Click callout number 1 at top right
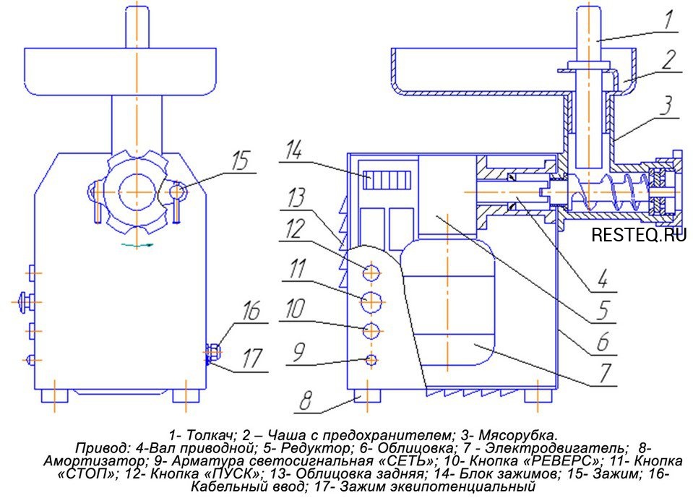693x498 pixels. click(x=668, y=21)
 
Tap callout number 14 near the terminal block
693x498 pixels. click(x=294, y=150)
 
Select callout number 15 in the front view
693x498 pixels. click(x=241, y=161)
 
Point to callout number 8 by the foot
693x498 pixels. click(x=306, y=400)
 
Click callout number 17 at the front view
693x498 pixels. click(x=251, y=359)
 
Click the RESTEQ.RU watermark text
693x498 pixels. click(x=639, y=234)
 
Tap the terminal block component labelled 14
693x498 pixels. click(x=387, y=180)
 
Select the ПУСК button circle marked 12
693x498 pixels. click(x=371, y=273)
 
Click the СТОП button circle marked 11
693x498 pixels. click(x=371, y=301)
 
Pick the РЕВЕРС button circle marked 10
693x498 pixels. click(x=371, y=330)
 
